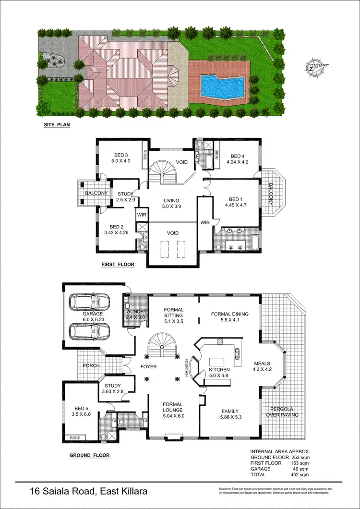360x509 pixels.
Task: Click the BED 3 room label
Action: tap(120, 155)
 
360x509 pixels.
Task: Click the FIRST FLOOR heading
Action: tap(118, 265)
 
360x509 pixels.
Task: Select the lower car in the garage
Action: tap(89, 331)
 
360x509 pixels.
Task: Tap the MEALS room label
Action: tap(262, 364)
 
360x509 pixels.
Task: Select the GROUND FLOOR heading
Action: tap(89, 455)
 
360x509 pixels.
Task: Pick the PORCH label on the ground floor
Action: tap(92, 365)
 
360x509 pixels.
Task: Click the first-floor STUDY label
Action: tap(125, 194)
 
